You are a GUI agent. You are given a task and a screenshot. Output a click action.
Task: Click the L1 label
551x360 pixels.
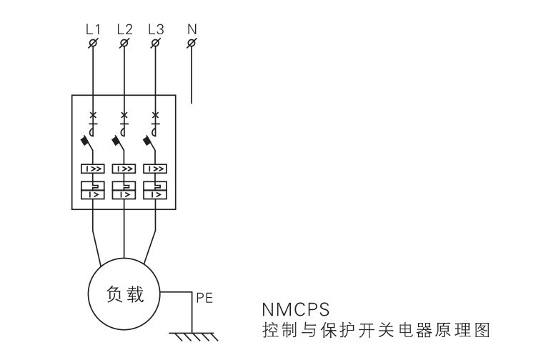(93, 30)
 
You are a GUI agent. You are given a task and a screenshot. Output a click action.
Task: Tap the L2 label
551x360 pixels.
(124, 30)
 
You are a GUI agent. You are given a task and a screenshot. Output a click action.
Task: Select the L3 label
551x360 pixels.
(156, 30)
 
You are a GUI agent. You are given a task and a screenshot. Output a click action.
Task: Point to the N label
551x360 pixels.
(192, 30)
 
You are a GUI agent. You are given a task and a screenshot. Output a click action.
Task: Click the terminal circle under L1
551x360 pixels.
(93, 44)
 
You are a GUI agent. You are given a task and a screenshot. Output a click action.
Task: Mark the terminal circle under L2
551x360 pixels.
(124, 44)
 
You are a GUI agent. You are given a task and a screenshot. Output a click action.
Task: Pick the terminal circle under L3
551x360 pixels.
(156, 44)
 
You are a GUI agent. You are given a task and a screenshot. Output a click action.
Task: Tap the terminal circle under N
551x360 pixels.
(192, 44)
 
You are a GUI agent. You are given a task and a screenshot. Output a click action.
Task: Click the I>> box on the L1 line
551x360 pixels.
(93, 170)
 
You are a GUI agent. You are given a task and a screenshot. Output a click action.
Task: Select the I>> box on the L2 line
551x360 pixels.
(124, 170)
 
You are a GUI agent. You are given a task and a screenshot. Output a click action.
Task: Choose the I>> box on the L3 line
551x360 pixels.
(156, 170)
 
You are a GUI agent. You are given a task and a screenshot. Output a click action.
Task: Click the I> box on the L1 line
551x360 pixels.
(93, 194)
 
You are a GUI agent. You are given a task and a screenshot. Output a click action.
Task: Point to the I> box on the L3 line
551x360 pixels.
(156, 194)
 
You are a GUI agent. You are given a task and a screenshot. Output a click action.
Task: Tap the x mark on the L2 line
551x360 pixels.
(124, 115)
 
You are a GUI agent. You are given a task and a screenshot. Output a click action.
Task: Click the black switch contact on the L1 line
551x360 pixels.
(86, 141)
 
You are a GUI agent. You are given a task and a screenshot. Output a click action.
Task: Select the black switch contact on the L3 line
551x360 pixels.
(149, 141)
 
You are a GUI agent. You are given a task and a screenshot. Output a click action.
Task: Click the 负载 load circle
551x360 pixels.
(124, 294)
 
